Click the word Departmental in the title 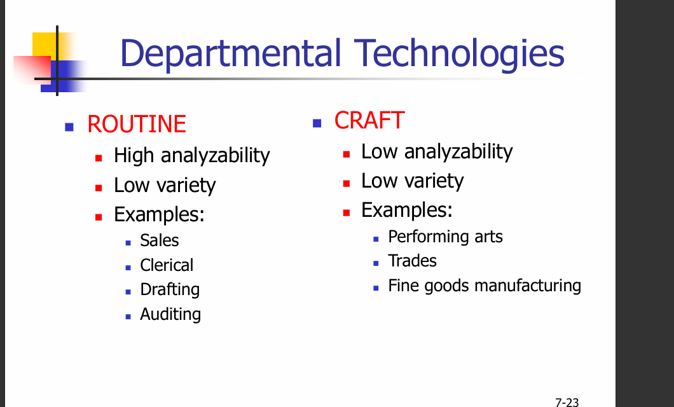tap(230, 53)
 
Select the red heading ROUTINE tap(137, 124)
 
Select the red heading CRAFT tap(369, 120)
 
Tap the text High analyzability tap(192, 156)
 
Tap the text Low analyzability tap(437, 152)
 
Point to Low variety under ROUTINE tap(165, 186)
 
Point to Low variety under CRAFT tap(412, 181)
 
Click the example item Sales tap(160, 240)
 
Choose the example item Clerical tap(167, 265)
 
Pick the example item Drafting tap(170, 290)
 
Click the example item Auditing tap(170, 314)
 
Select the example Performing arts tap(445, 237)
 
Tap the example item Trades tap(412, 261)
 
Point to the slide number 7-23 tap(567, 403)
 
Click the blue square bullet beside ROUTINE tap(69, 127)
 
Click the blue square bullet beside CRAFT tap(317, 123)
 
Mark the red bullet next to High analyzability tap(99, 158)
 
